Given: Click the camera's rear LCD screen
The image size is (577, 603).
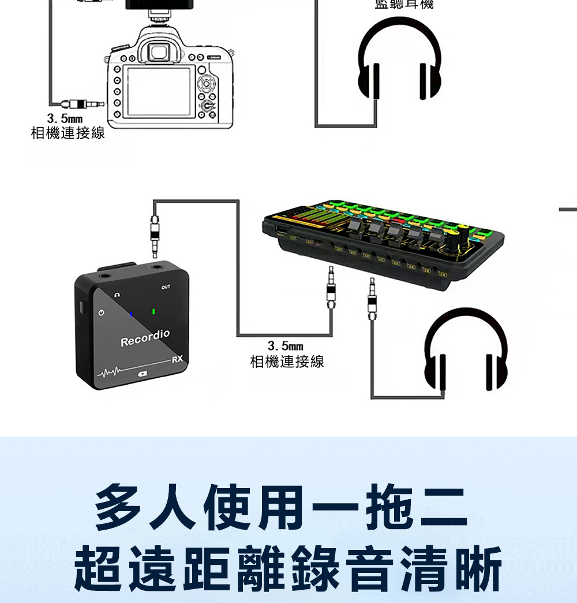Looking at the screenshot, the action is coord(159,92).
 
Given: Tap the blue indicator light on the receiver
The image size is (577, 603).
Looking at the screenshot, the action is coord(132,314).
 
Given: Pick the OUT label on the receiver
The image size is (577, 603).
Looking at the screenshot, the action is coord(166,287).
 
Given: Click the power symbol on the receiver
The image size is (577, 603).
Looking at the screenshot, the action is coord(102,312).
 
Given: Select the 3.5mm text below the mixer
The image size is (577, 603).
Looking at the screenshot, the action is coord(286,347).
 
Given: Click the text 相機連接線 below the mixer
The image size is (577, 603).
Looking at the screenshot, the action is coord(287,362).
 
